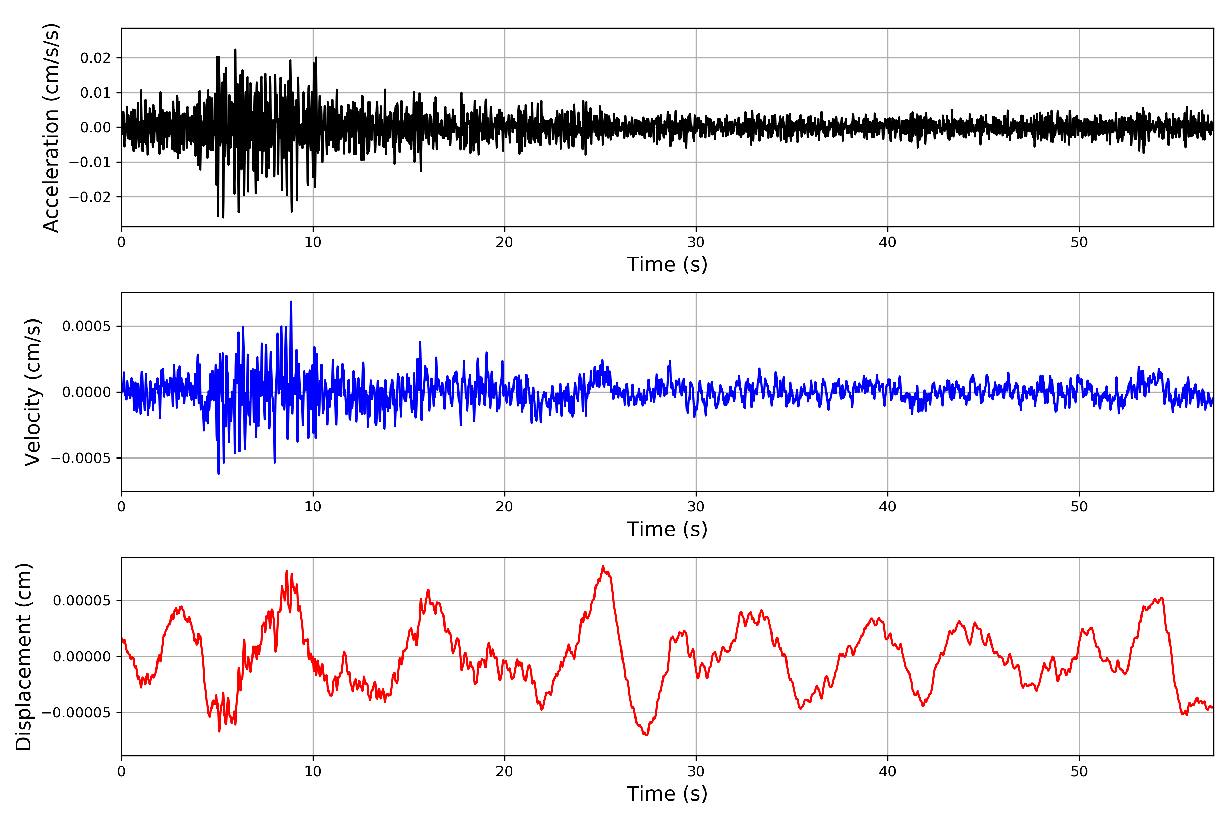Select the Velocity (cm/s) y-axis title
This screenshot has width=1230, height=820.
click(x=32, y=392)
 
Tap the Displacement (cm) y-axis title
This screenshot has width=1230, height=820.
click(x=24, y=657)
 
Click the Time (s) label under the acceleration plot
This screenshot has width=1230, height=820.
click(x=667, y=264)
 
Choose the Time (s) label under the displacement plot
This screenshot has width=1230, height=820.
click(x=667, y=794)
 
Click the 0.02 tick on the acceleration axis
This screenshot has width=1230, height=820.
click(x=96, y=58)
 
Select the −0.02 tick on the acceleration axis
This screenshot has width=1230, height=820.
click(x=90, y=197)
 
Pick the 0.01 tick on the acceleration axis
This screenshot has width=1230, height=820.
click(x=96, y=93)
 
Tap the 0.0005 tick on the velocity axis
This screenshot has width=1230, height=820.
click(x=87, y=326)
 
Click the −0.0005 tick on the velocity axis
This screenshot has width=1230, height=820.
click(x=81, y=458)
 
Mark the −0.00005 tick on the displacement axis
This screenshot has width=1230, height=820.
click(x=76, y=713)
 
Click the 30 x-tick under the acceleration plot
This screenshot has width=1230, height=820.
click(x=696, y=243)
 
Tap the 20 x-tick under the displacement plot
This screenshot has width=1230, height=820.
click(x=505, y=772)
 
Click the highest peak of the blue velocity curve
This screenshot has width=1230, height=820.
click(x=291, y=302)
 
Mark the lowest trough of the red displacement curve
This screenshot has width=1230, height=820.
click(x=647, y=735)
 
